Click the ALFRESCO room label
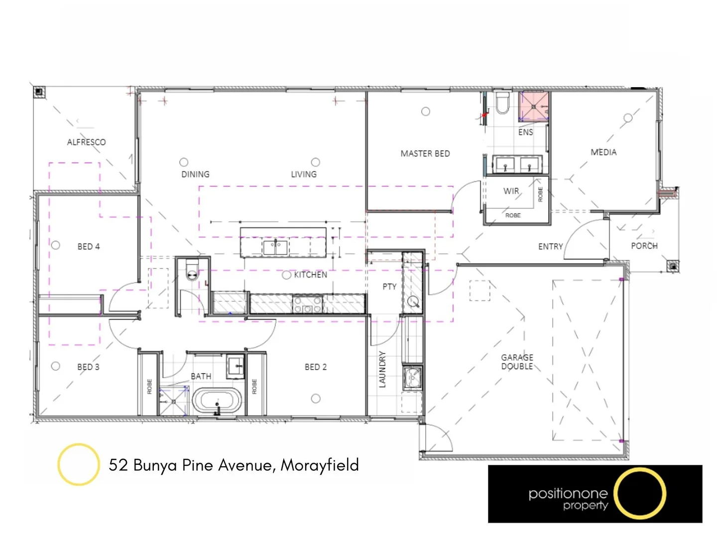pyautogui.click(x=86, y=142)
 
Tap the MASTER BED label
pyautogui.click(x=425, y=153)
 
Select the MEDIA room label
pyautogui.click(x=603, y=152)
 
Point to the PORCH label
pyautogui.click(x=644, y=246)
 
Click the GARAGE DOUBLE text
pyautogui.click(x=517, y=362)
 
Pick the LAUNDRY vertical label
pyautogui.click(x=382, y=369)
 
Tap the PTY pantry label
pyautogui.click(x=389, y=286)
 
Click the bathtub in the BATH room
pyautogui.click(x=217, y=401)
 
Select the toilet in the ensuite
pyautogui.click(x=501, y=103)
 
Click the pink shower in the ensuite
pyautogui.click(x=533, y=106)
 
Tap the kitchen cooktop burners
pyautogui.click(x=307, y=304)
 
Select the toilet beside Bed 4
pyautogui.click(x=192, y=272)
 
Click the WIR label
pyautogui.click(x=511, y=191)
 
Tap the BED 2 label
pyautogui.click(x=316, y=367)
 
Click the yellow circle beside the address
pyautogui.click(x=78, y=464)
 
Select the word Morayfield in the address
pyautogui.click(x=320, y=465)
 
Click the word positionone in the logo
pyautogui.click(x=568, y=494)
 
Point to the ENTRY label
pyautogui.click(x=550, y=246)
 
